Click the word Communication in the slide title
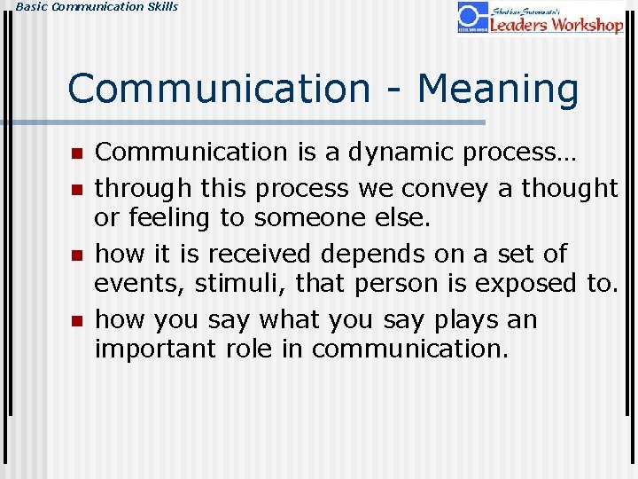218,89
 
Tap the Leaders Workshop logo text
556,24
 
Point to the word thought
569,188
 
